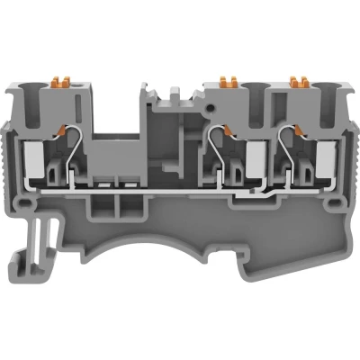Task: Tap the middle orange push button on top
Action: coord(223,84)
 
